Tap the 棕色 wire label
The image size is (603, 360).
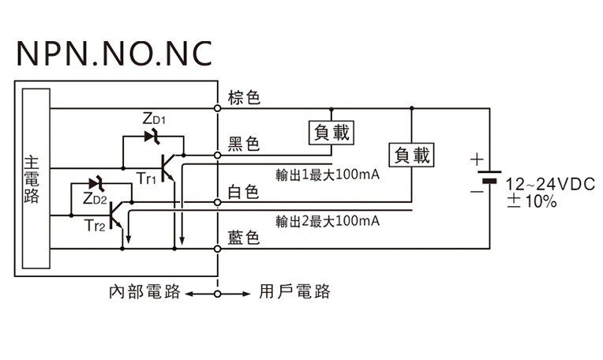(244, 99)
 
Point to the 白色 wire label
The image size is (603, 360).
(244, 192)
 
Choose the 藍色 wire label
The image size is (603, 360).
(244, 238)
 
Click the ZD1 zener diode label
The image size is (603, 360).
(154, 119)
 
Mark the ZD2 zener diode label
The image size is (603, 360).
(94, 198)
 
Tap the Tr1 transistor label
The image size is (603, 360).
(147, 179)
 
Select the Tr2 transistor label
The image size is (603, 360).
(94, 227)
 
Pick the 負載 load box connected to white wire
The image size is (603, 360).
(412, 156)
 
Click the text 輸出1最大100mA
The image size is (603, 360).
(328, 174)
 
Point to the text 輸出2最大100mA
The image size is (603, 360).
(328, 220)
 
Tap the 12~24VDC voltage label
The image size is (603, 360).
(551, 184)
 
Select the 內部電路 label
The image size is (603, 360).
(144, 292)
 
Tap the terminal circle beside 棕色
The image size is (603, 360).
(218, 107)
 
